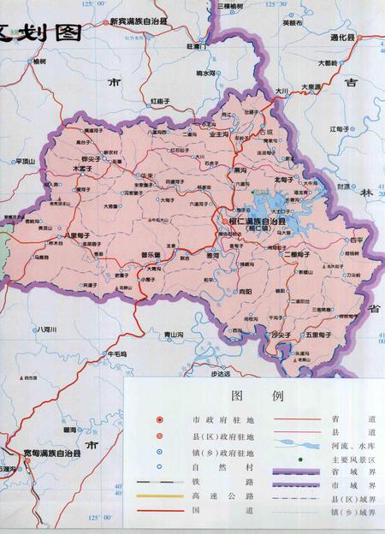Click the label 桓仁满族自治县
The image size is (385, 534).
(x=258, y=221)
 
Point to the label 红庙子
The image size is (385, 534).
(x=163, y=101)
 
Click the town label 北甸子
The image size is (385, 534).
(x=283, y=180)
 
